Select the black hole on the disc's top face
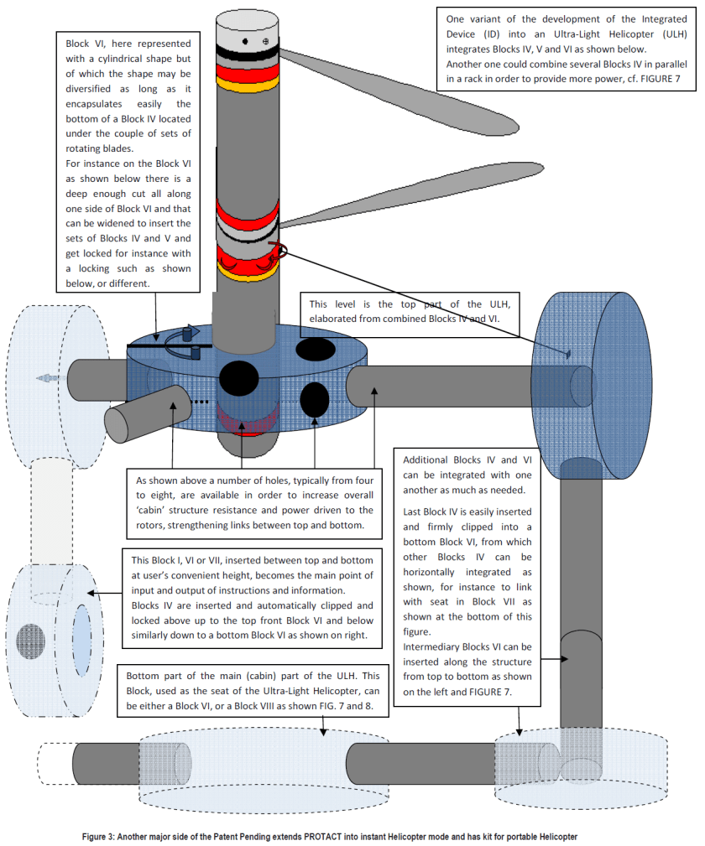(317, 348)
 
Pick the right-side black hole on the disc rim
(315, 398)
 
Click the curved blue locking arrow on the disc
(180, 337)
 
